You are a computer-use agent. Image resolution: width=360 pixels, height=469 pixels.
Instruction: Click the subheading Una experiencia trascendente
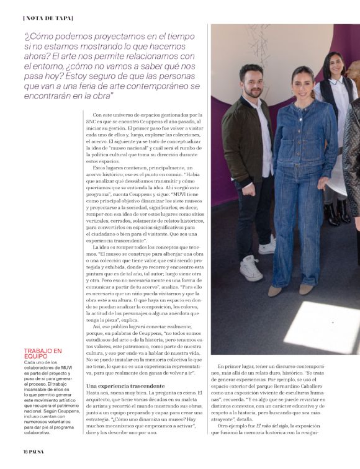click(x=120, y=386)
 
